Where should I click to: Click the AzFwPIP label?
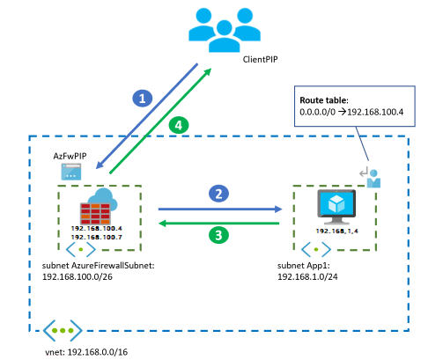tap(70, 155)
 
